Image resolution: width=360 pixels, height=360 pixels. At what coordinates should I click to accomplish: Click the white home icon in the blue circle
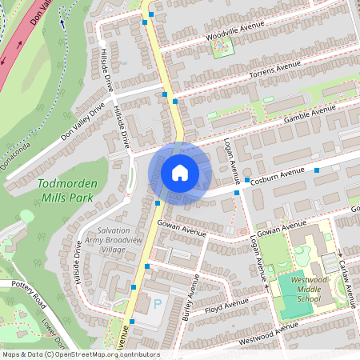coord(180,173)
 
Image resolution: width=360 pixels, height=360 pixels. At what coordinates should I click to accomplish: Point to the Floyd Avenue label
coord(227,306)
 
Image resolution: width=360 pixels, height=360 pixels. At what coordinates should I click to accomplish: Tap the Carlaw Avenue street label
coord(346,279)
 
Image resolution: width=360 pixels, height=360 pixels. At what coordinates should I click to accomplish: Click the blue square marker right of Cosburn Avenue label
coord(318,170)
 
